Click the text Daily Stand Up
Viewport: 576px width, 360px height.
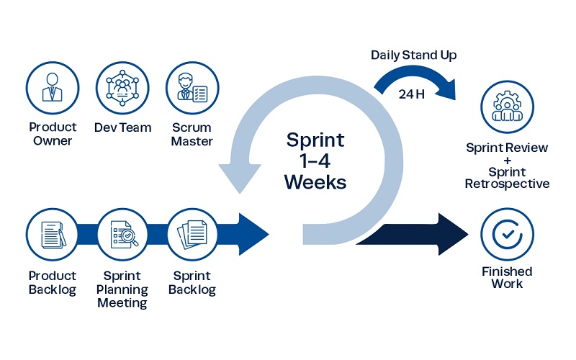(x=414, y=55)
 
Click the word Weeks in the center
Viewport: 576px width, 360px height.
(x=315, y=182)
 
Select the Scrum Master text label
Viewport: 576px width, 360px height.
(x=192, y=135)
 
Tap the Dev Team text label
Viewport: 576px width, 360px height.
(x=123, y=128)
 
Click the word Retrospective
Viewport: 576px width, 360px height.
(x=507, y=184)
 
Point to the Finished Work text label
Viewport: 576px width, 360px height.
(x=507, y=277)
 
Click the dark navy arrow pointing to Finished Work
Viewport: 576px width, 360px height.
(x=410, y=235)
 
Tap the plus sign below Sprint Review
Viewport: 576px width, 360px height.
(x=507, y=161)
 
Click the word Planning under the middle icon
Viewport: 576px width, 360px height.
(x=122, y=289)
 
